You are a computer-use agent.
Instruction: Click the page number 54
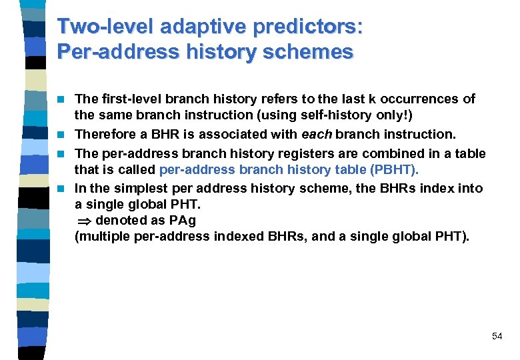click(x=497, y=336)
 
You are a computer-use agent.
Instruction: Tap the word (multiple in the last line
click(x=100, y=236)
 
